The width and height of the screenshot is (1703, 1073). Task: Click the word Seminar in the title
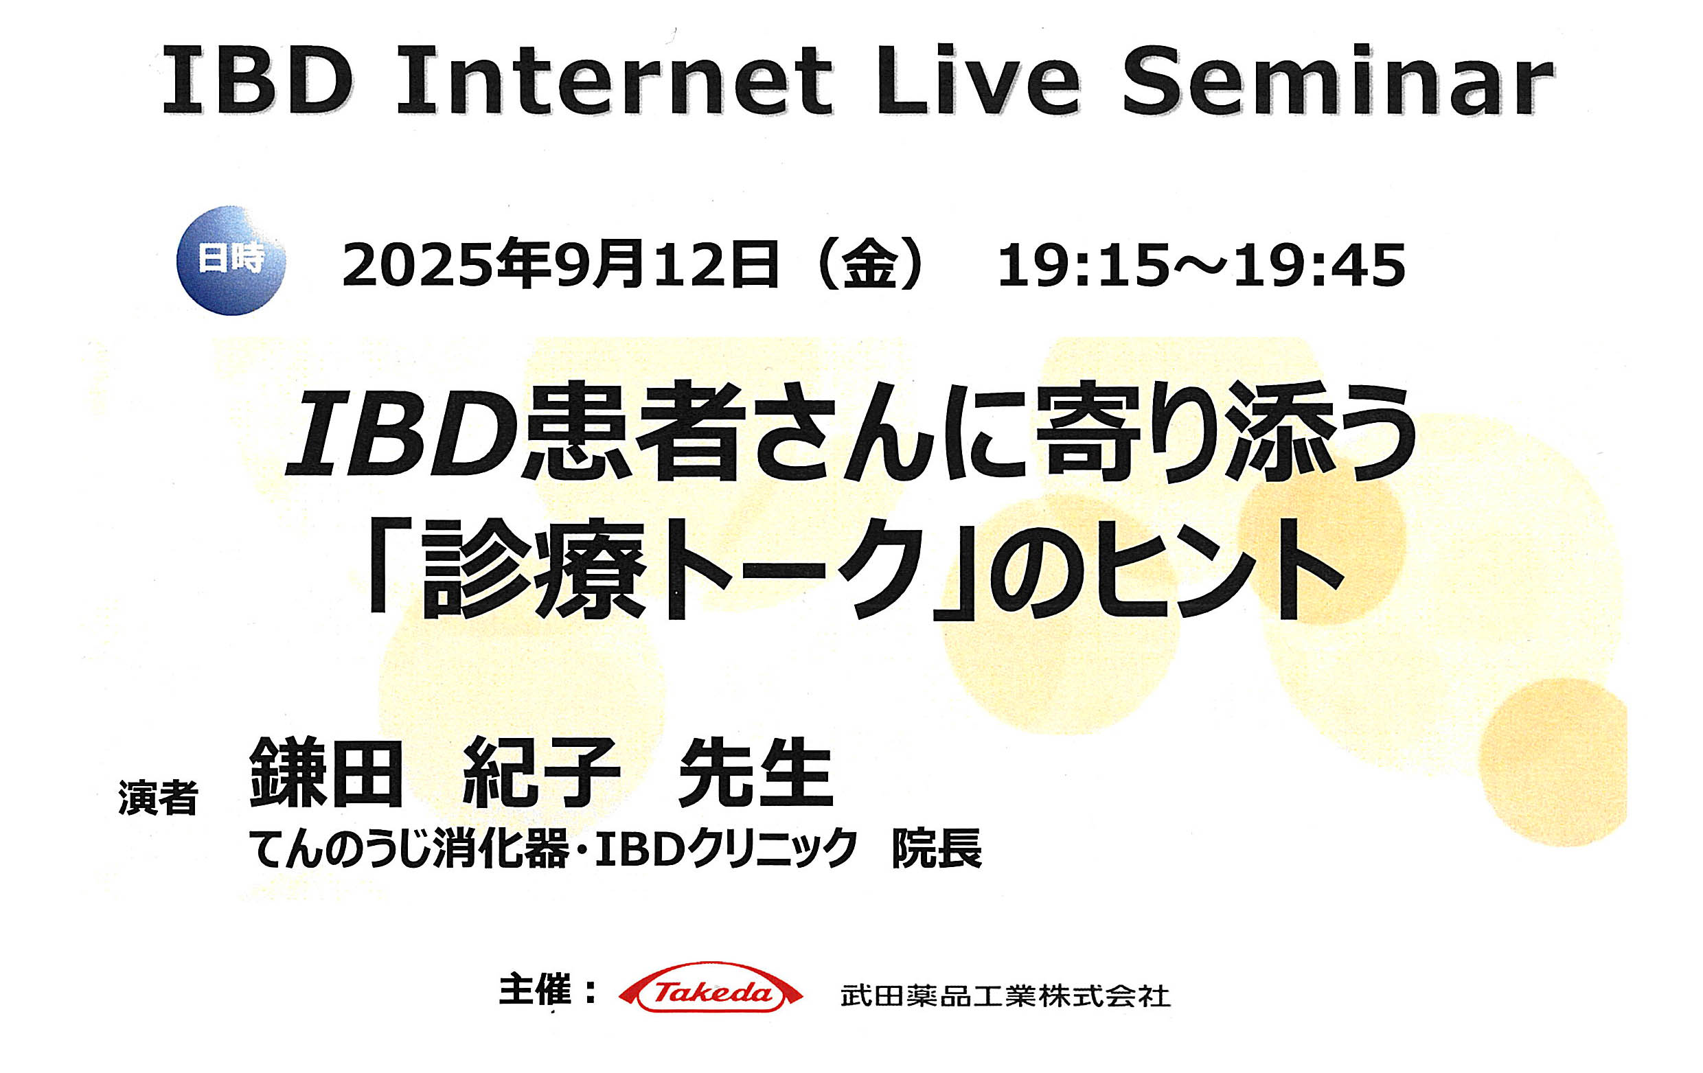pyautogui.click(x=1338, y=80)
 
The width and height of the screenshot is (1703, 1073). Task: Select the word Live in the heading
pyautogui.click(x=976, y=80)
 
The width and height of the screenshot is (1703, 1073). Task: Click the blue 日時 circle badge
pyautogui.click(x=231, y=260)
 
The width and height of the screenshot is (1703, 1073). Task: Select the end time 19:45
pyautogui.click(x=1320, y=266)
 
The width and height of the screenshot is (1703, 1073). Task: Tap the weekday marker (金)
pyautogui.click(x=870, y=264)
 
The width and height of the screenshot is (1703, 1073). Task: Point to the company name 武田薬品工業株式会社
pyautogui.click(x=1005, y=996)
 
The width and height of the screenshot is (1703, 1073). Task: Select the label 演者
pyautogui.click(x=159, y=798)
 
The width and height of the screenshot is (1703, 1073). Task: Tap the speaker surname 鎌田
pyautogui.click(x=326, y=772)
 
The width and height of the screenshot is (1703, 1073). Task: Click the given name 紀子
pyautogui.click(x=541, y=772)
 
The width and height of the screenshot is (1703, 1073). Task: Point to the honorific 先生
pyautogui.click(x=756, y=772)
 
